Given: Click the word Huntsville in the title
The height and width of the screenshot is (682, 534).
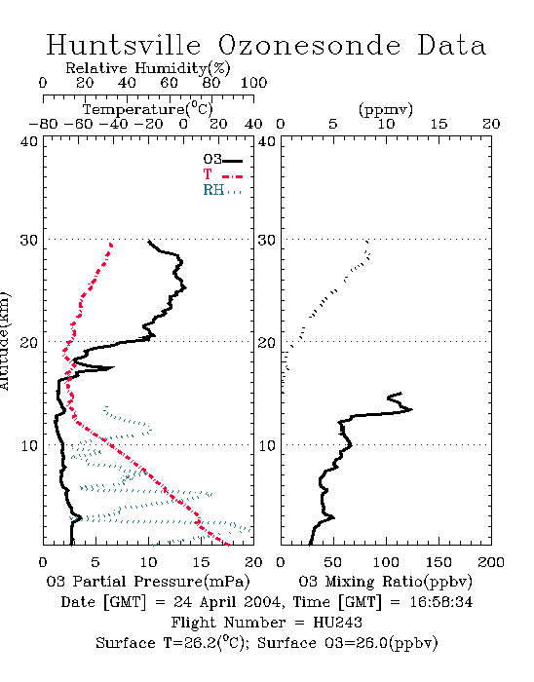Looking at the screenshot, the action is click(x=124, y=45).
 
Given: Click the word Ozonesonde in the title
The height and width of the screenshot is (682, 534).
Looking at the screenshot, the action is click(x=309, y=45).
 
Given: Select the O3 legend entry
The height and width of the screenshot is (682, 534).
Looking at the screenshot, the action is click(x=222, y=160).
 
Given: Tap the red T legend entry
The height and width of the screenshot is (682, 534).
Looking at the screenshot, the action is click(x=222, y=174).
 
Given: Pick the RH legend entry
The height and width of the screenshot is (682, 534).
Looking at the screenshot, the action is click(x=222, y=190).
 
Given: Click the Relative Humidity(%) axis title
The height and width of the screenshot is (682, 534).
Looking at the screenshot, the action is click(x=148, y=68).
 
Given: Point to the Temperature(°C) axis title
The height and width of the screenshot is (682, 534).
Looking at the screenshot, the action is click(x=148, y=109).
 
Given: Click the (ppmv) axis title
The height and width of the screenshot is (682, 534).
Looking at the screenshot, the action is click(x=386, y=109).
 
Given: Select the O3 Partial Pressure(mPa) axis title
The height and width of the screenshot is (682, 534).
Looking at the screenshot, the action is click(x=148, y=581).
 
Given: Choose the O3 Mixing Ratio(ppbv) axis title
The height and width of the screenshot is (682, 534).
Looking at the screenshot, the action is click(x=385, y=581).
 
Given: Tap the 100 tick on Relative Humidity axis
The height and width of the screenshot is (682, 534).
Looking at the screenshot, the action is click(x=253, y=83).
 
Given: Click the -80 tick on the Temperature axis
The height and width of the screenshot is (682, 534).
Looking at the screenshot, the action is click(x=43, y=124).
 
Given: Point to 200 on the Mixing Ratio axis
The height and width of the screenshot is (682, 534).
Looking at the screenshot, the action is click(x=491, y=562).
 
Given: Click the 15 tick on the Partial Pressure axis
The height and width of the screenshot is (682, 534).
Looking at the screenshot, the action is click(x=201, y=562).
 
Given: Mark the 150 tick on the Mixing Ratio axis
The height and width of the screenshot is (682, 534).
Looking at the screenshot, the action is click(x=439, y=562).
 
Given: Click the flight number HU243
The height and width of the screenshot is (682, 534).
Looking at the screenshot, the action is click(x=337, y=623).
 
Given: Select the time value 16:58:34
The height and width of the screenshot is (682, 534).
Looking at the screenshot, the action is click(x=441, y=602).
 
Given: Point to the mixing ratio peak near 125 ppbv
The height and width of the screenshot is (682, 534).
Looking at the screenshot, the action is click(x=410, y=409).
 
